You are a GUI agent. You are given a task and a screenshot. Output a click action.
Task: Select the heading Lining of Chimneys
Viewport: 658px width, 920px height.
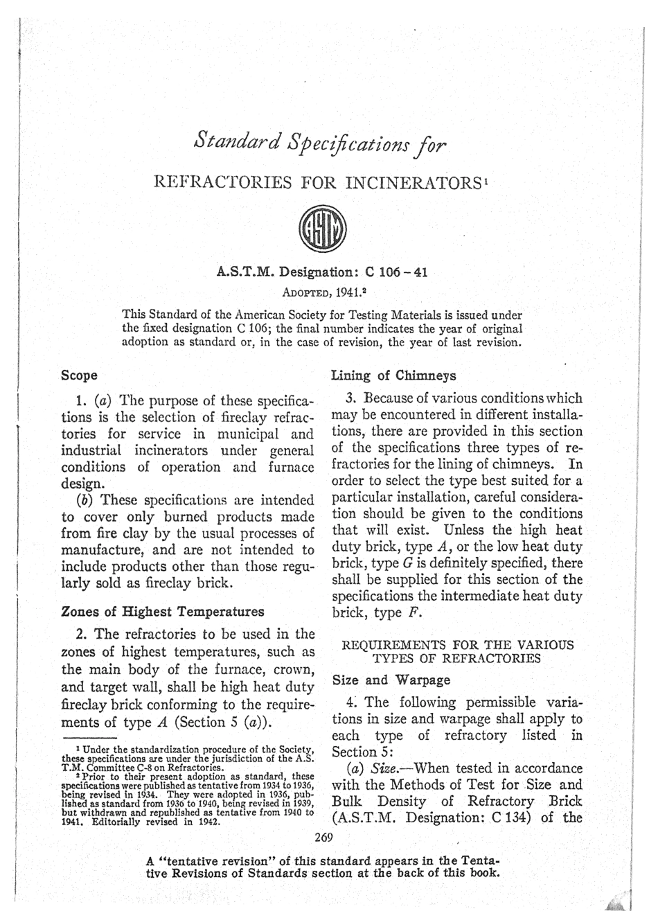393,375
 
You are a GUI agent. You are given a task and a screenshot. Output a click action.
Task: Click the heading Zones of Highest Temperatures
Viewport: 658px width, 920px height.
163,611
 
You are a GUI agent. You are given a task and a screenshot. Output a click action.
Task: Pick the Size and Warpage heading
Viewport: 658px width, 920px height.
383,680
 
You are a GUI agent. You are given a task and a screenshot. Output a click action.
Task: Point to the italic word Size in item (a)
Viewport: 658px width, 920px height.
384,768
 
